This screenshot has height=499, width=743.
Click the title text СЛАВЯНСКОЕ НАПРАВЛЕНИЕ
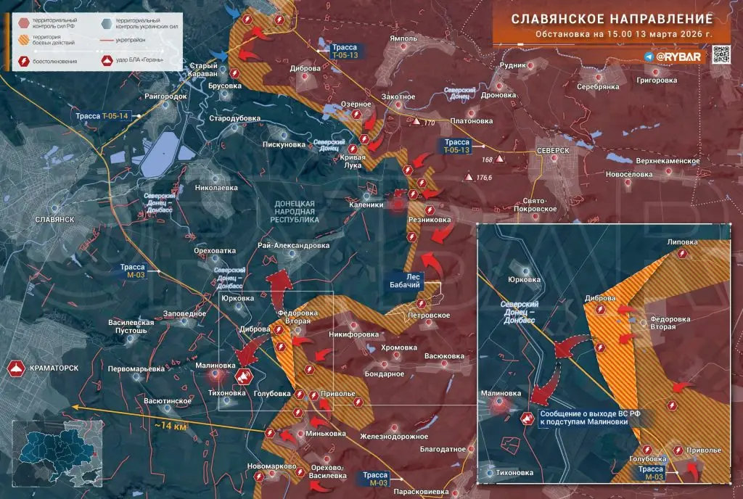coord(612,19)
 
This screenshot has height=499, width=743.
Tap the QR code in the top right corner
coord(721,56)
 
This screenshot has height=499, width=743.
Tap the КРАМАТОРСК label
coord(54,368)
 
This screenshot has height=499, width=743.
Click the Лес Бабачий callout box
coord(413,281)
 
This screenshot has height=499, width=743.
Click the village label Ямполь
coord(403,38)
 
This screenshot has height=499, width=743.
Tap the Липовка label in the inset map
coord(682,242)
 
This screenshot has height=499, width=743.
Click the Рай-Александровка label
coord(293,245)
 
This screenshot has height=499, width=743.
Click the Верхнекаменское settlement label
coord(665,161)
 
